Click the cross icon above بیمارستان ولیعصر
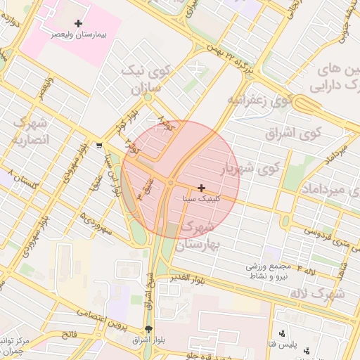pos(78,24)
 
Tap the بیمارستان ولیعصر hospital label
pos(78,34)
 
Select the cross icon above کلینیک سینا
pos(202,188)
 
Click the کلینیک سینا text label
pos(201,199)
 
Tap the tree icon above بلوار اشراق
pos(148,329)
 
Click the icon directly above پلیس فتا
pos(282,333)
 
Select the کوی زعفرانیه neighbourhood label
pos(259,100)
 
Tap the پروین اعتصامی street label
pos(102,319)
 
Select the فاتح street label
pos(69,335)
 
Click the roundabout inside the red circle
pos(171,184)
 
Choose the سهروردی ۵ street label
pos(96,224)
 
